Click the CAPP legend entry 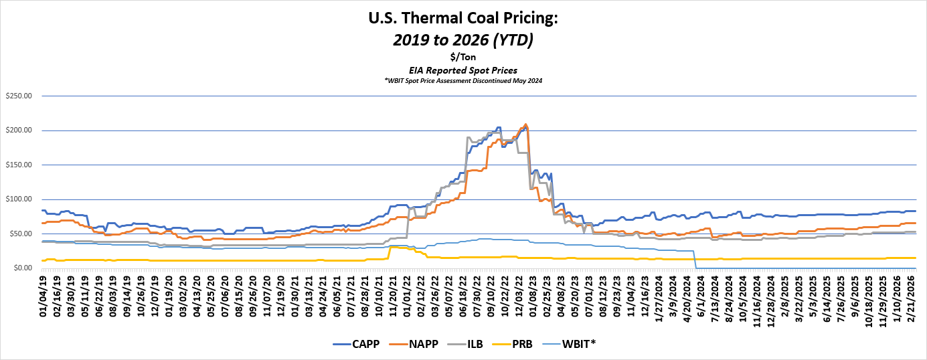point(359,343)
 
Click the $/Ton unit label point(463,57)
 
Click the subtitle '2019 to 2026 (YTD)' point(463,40)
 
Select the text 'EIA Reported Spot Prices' point(463,70)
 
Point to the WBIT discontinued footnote point(463,80)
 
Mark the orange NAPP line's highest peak point(525,124)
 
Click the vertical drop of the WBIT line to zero point(695,260)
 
